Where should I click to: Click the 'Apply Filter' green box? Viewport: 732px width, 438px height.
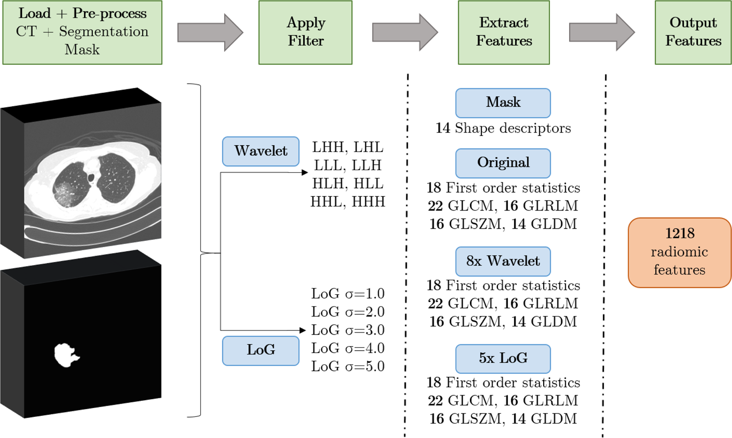coord(305,32)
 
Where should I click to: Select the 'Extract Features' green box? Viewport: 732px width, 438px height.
coord(503,32)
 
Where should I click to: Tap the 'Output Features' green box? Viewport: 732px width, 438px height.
coord(693,32)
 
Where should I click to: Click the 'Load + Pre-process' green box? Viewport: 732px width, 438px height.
coord(82,32)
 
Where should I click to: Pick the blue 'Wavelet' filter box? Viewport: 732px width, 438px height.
coord(261,151)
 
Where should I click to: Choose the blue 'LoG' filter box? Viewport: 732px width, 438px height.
coord(261,350)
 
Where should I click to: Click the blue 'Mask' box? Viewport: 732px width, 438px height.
coord(503,103)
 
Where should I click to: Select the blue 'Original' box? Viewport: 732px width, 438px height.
coord(503,163)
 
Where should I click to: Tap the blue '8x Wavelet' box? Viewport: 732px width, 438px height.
coord(503,261)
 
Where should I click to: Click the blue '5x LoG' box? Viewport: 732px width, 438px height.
coord(503,359)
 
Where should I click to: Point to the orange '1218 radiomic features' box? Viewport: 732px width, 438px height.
coord(680,252)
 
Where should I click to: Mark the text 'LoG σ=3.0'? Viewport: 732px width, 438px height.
coord(348,330)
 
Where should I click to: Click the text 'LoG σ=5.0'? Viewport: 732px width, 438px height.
coord(348,366)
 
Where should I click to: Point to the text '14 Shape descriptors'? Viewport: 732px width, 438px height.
coord(503,129)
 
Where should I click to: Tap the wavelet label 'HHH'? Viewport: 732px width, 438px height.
coord(369,202)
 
